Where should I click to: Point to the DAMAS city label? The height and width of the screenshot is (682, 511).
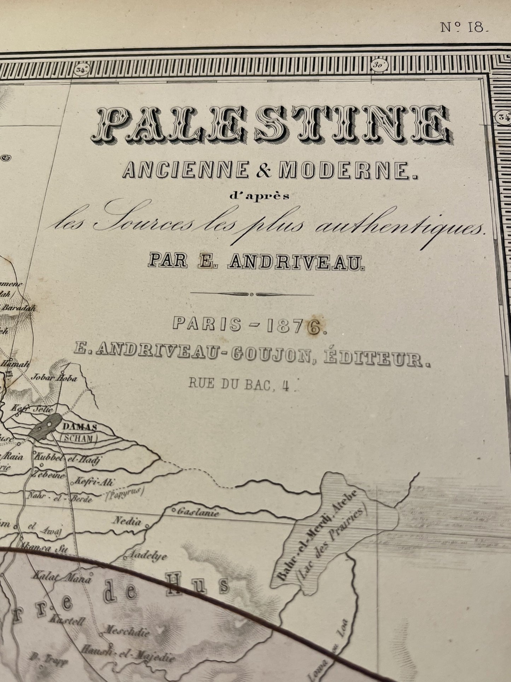point(80,428)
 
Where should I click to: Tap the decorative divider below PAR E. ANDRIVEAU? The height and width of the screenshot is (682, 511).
point(252,294)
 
